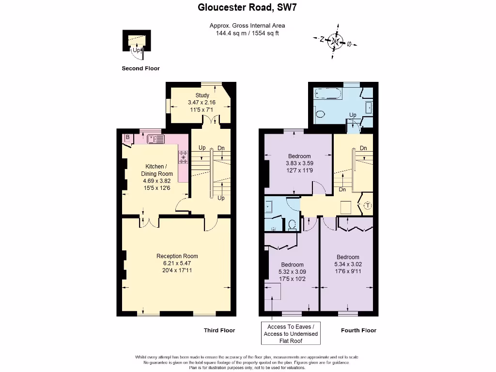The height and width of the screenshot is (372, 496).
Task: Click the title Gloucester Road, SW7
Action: pos(247,7)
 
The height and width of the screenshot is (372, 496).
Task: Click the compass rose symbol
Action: pos(335,41)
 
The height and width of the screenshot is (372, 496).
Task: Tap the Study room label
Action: pos(202,95)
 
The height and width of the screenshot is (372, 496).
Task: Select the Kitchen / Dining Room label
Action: pos(157,170)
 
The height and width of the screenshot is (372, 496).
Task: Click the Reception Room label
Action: pos(177,256)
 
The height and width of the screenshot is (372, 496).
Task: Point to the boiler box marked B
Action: pos(127,138)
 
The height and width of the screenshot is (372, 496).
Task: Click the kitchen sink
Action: pos(156,139)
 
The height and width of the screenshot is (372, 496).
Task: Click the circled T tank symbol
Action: pos(367,206)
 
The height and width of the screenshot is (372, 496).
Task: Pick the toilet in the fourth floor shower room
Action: pos(292,225)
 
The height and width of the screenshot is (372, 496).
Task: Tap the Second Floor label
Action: pos(140,68)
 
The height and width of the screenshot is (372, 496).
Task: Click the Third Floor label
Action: pos(219,330)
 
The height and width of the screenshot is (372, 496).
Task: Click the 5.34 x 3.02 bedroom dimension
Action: pos(348,264)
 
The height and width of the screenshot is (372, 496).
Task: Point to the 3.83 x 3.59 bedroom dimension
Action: pos(299,163)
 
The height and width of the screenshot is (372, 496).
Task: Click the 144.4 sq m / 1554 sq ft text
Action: pos(247,33)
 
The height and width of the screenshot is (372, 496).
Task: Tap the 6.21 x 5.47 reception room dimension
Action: pos(177,263)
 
